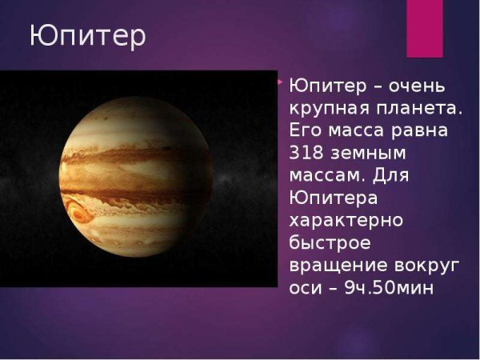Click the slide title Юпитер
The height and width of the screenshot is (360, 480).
pyautogui.click(x=88, y=37)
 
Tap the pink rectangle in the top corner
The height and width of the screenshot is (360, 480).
pyautogui.click(x=425, y=28)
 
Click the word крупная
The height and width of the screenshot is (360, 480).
pyautogui.click(x=323, y=107)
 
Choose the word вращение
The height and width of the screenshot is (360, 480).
pyautogui.click(x=335, y=263)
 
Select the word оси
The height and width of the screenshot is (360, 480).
pyautogui.click(x=303, y=286)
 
